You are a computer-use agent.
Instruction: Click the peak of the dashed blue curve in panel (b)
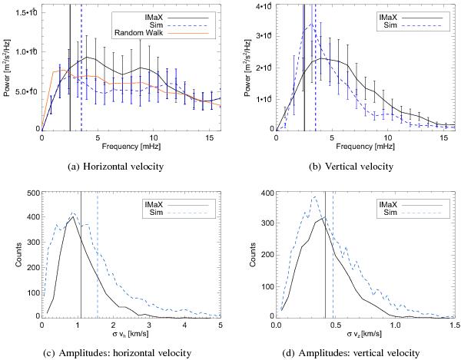click(x=308, y=25)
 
